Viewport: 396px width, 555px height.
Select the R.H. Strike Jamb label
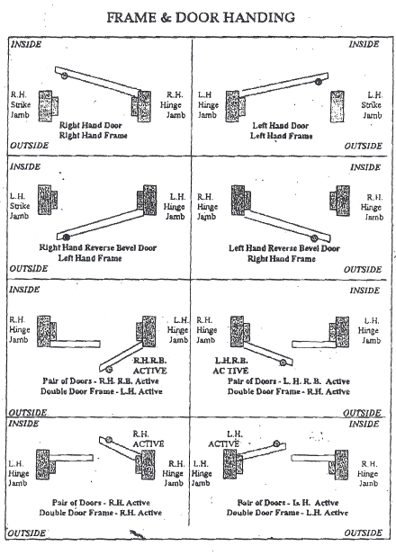coord(20,103)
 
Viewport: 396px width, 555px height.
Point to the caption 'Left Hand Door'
coord(281,125)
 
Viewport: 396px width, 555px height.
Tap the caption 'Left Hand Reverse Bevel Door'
coord(284,247)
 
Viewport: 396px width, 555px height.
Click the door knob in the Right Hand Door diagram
coord(61,76)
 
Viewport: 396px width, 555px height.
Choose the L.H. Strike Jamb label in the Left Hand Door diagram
coord(374,103)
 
